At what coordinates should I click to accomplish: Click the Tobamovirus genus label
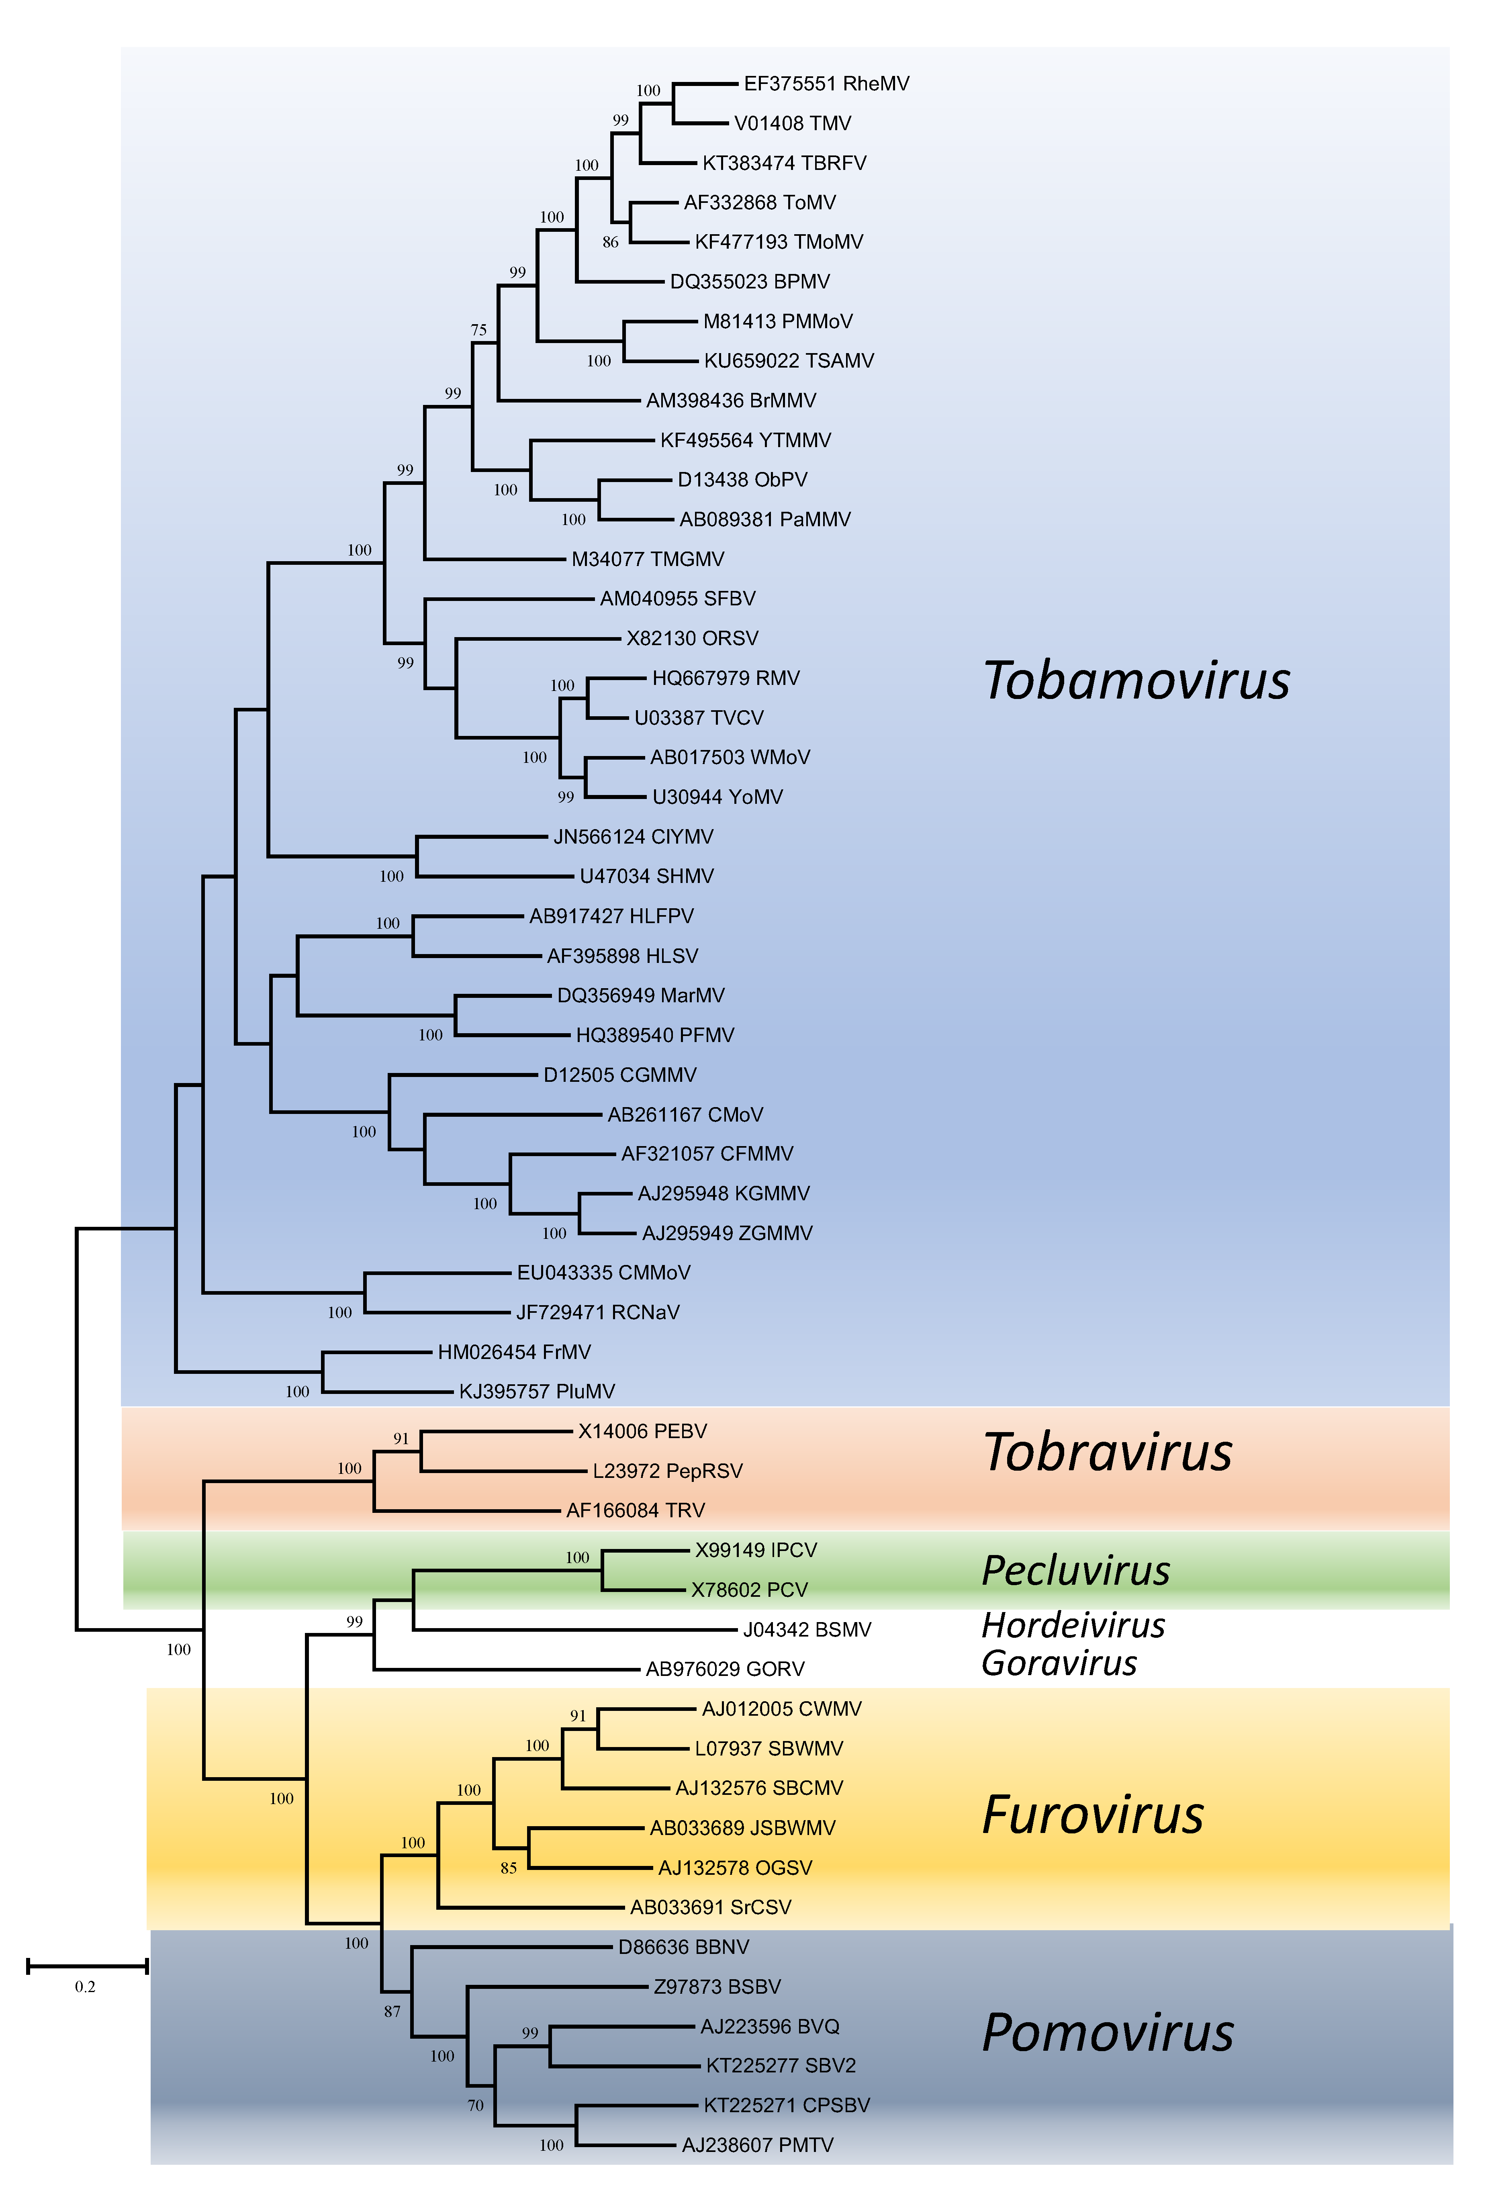click(x=1136, y=680)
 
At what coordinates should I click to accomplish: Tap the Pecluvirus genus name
click(x=1076, y=1570)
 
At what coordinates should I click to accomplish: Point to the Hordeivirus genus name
click(x=1073, y=1625)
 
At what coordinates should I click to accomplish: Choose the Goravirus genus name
click(x=1059, y=1663)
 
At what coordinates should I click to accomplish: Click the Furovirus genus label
click(x=1093, y=1815)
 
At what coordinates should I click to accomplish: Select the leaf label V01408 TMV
click(x=792, y=123)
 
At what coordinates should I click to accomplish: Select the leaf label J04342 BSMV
click(x=807, y=1629)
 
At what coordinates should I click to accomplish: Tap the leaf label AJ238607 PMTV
click(x=757, y=2145)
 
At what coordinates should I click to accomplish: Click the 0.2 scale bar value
click(x=85, y=1986)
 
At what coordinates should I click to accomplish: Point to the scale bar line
click(x=87, y=1966)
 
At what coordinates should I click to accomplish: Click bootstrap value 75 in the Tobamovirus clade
click(x=478, y=330)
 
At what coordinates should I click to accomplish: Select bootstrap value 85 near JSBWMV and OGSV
click(x=509, y=1868)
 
